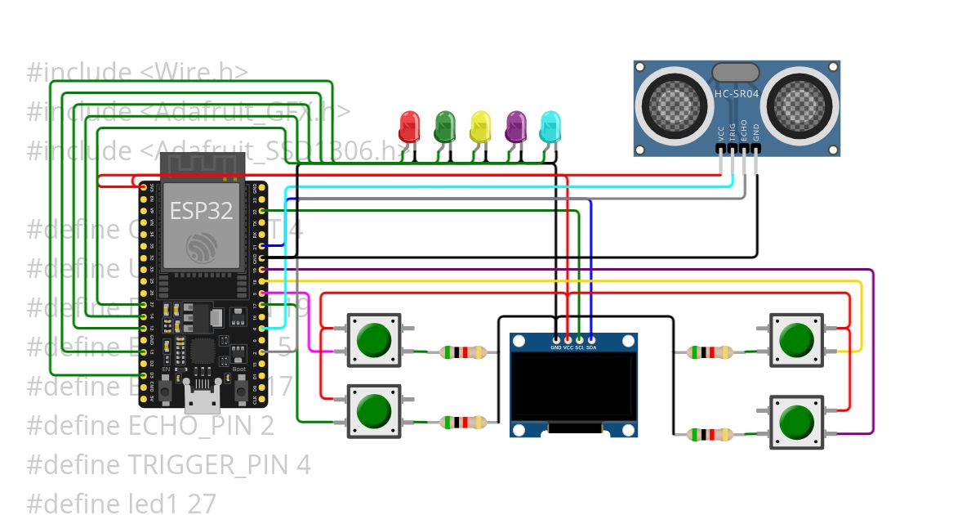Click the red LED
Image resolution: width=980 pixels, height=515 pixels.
pos(408,127)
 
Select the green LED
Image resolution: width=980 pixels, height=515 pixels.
pos(444,127)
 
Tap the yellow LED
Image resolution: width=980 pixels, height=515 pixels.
pos(480,127)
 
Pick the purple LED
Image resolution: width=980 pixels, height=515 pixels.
pos(516,127)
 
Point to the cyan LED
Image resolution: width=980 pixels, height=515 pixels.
pos(551,127)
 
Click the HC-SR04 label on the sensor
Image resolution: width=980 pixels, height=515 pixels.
pos(737,94)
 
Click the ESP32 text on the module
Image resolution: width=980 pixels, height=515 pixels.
pos(201,211)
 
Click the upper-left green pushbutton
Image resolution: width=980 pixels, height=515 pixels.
pos(375,339)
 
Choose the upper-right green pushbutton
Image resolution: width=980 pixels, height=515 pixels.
pos(795,339)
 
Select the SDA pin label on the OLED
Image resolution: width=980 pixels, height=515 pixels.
pos(590,347)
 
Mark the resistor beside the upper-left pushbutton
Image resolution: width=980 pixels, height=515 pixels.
pos(463,353)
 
